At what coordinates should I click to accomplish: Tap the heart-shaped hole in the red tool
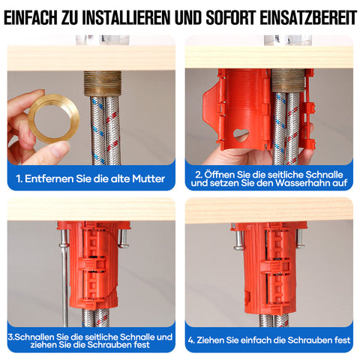pos(241,134)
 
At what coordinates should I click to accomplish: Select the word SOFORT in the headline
pos(231,17)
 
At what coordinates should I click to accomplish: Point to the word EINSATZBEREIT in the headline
pos(308,17)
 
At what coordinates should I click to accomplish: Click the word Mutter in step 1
pos(148,178)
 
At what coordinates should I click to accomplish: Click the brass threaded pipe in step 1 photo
pos(103,83)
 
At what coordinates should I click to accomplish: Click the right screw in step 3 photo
pos(123,238)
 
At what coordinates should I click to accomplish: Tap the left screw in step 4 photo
pos(238,240)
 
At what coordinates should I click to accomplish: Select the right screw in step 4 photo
pos(300,238)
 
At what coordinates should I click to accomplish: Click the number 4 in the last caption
pos(190,340)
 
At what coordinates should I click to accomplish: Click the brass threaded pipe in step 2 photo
pos(288,80)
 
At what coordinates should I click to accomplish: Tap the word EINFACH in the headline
pos(31,17)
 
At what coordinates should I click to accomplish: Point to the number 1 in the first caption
pos(18,178)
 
